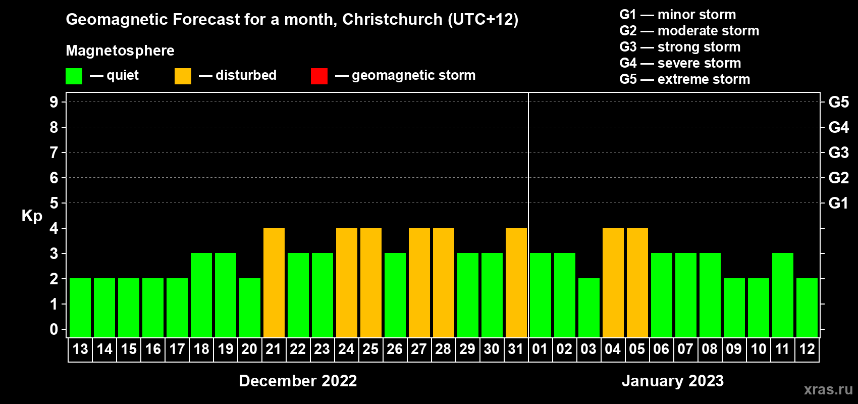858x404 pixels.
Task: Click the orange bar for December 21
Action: tap(274, 282)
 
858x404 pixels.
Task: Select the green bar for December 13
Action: tap(80, 308)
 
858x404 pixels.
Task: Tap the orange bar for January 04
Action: tap(613, 282)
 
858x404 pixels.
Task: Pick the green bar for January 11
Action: tap(783, 295)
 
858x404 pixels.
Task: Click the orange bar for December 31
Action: tap(516, 282)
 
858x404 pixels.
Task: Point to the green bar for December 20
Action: tap(250, 308)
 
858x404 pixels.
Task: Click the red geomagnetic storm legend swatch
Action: tap(319, 76)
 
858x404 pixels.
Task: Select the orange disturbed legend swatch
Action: tap(183, 76)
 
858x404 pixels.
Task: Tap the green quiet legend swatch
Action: tap(74, 76)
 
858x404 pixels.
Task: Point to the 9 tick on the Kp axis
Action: tap(54, 102)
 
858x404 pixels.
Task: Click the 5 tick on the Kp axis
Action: tap(54, 203)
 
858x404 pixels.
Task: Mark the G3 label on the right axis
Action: tap(838, 153)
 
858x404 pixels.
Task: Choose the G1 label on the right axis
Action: tap(838, 203)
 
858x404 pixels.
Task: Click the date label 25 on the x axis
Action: tap(370, 349)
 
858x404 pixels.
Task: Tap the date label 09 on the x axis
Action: tap(734, 349)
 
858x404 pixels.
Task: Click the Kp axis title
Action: tap(32, 216)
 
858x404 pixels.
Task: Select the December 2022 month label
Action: tap(298, 381)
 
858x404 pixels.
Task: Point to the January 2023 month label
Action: tap(672, 381)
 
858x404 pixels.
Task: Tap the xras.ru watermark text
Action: tap(828, 389)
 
